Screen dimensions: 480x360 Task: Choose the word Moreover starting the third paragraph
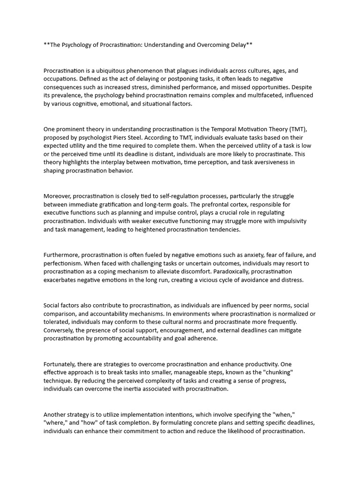[57, 196]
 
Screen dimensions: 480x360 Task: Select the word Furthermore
[61, 255]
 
